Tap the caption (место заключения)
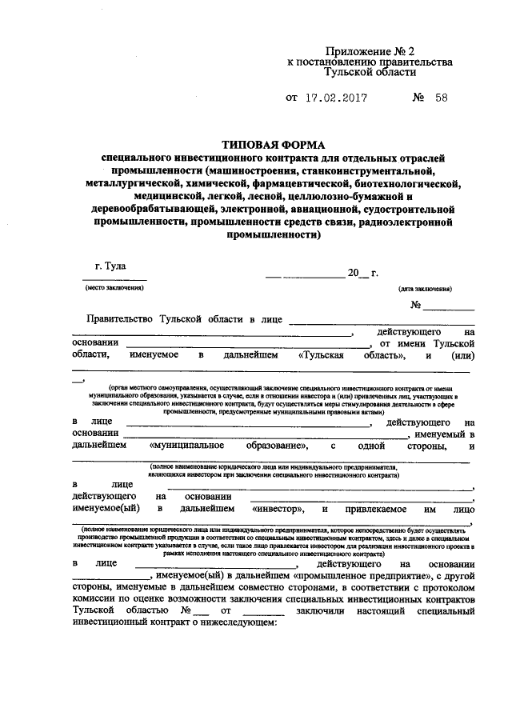(110, 287)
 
